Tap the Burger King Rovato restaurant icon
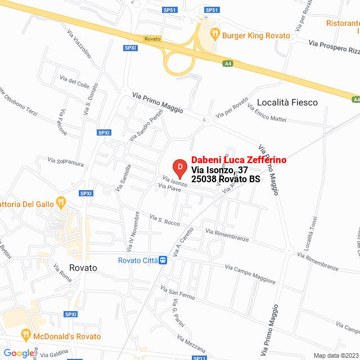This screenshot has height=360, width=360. (x=215, y=34)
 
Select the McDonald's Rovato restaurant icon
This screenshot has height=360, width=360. (x=25, y=335)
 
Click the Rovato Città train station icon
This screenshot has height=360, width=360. (x=163, y=260)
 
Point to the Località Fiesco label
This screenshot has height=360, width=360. (x=287, y=102)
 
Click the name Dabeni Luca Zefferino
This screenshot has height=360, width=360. (x=238, y=160)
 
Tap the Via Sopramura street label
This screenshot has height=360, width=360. (x=66, y=163)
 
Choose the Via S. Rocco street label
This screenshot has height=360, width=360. (x=164, y=219)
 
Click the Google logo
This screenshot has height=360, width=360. (x=19, y=353)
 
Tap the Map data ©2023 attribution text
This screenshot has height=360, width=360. (x=335, y=355)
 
